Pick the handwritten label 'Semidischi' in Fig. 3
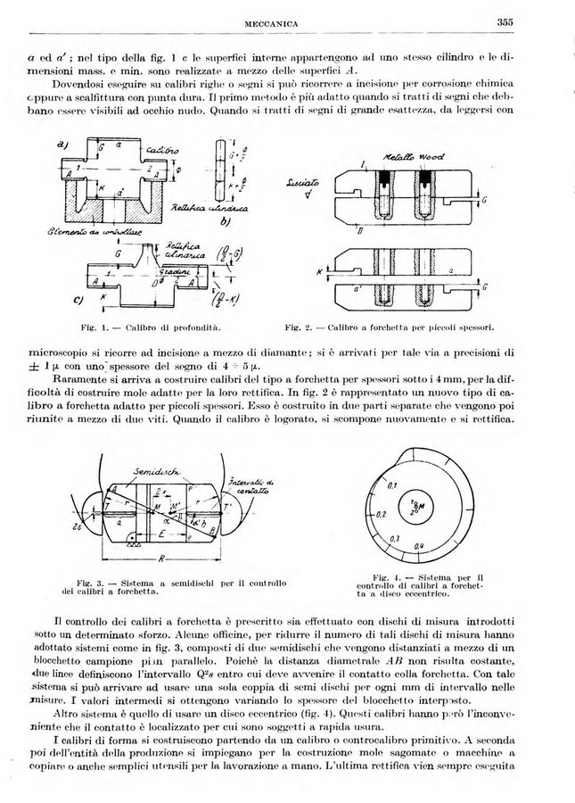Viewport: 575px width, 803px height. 147,471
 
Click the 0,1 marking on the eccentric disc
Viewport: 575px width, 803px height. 390,484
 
